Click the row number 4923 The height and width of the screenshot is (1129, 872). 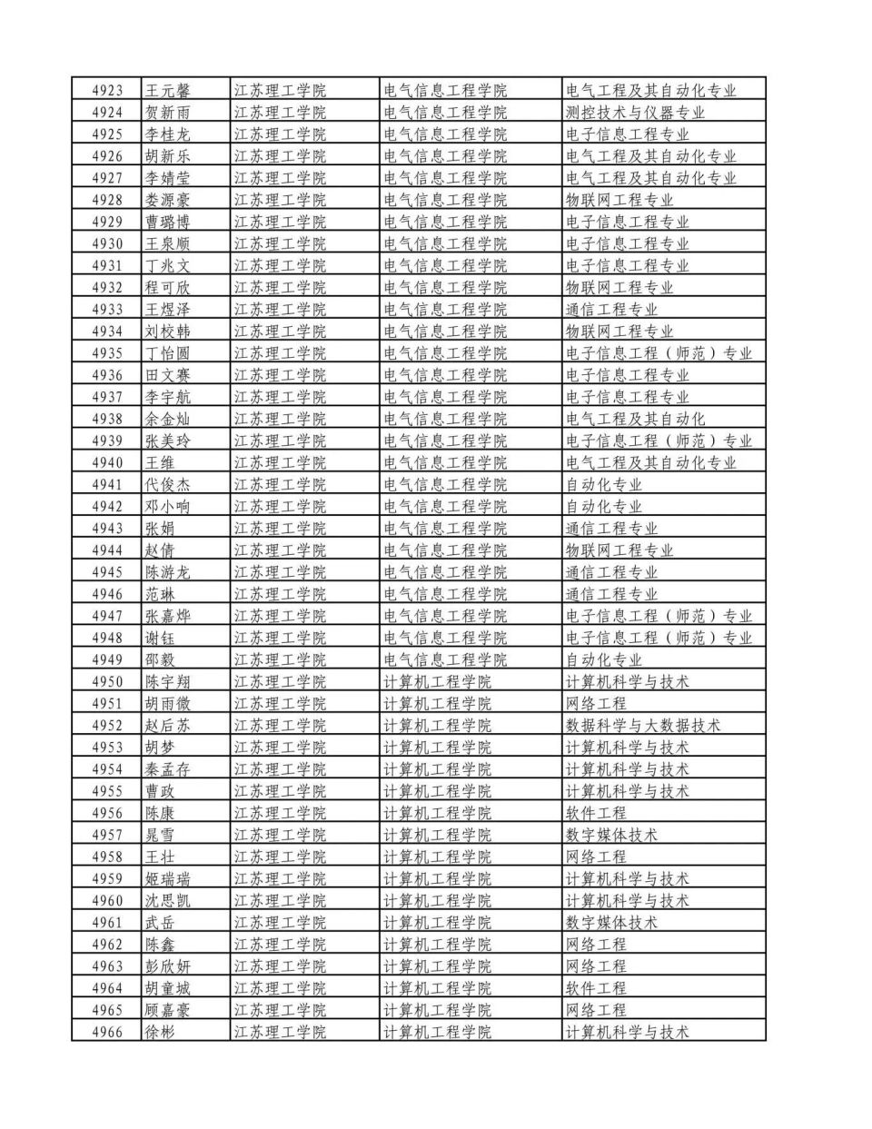click(107, 91)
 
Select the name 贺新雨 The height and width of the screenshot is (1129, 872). click(168, 113)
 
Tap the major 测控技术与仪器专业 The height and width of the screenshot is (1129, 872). click(635, 113)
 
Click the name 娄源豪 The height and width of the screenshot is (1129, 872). click(168, 200)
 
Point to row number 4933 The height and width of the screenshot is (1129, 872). click(107, 310)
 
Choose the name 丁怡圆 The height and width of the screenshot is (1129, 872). click(168, 353)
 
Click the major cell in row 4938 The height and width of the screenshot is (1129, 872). click(635, 419)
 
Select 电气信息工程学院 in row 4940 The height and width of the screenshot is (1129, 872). click(445, 462)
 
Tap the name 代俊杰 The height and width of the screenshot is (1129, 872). click(168, 484)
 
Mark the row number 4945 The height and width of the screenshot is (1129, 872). click(107, 572)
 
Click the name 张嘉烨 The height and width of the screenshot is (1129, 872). click(168, 616)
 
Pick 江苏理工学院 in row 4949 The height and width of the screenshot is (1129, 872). click(280, 659)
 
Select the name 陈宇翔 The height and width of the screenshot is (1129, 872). click(168, 681)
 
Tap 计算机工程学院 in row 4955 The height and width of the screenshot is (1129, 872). click(437, 791)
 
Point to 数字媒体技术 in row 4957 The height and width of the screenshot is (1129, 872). click(611, 835)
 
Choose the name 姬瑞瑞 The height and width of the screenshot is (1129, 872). click(168, 878)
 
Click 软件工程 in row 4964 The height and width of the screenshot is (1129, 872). click(596, 988)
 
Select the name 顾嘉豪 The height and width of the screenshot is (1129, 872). click(168, 1010)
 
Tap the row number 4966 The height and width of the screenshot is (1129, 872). click(107, 1032)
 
